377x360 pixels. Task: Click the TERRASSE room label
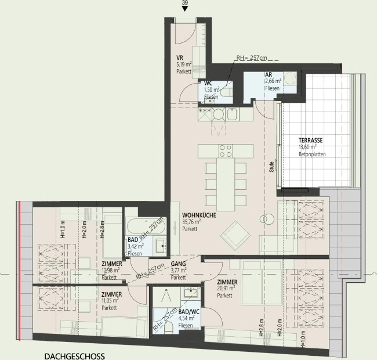310,140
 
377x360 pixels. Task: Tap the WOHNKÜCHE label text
199,215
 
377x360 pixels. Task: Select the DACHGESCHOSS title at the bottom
75,356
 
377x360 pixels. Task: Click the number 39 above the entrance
184,2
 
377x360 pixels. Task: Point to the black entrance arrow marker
184,9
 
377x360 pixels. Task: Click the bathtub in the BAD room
146,226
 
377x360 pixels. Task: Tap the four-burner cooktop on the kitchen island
225,151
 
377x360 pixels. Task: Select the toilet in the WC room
227,92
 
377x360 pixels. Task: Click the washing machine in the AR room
290,79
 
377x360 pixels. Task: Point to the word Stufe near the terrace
271,167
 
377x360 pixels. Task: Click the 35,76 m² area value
191,222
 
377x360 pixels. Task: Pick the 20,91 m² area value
226,288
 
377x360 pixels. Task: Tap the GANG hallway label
179,264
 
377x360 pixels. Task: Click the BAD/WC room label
188,312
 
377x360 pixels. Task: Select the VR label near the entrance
180,57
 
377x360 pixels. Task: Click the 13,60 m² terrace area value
307,147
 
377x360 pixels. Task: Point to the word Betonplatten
312,154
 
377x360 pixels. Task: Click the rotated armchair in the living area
235,236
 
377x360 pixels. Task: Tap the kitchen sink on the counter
232,114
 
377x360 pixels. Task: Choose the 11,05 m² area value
110,301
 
